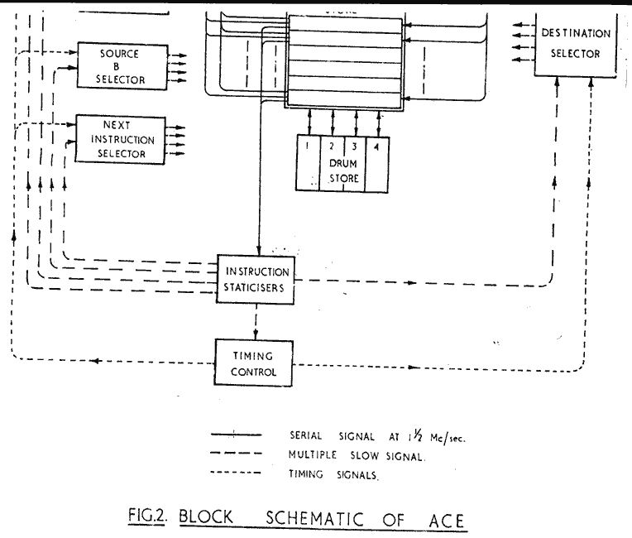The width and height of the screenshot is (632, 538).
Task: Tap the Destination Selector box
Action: pyautogui.click(x=575, y=46)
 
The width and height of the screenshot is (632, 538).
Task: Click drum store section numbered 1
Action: pyautogui.click(x=308, y=161)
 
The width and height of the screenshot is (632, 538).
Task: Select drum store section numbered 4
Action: pyautogui.click(x=377, y=161)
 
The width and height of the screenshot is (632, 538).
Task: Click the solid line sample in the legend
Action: pyautogui.click(x=237, y=435)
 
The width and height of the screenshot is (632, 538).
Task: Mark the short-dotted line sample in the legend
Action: pyautogui.click(x=237, y=474)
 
